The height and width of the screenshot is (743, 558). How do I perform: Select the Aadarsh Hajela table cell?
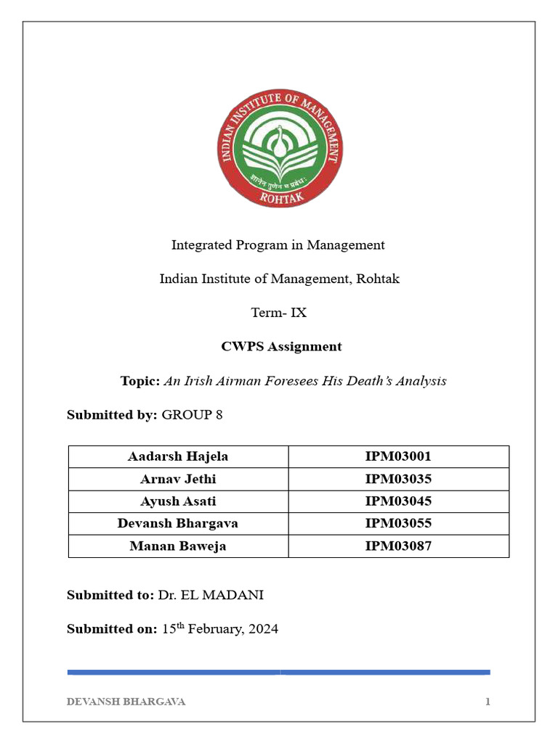[x=178, y=457]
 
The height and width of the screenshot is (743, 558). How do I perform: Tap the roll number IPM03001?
[x=398, y=457]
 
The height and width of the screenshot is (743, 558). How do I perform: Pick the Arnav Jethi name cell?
[x=178, y=479]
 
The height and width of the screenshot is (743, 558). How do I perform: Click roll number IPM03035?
[x=398, y=479]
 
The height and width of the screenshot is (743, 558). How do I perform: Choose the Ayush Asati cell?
[x=178, y=501]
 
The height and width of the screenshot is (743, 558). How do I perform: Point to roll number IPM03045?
[x=398, y=501]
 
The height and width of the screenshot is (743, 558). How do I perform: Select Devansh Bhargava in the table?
[x=178, y=523]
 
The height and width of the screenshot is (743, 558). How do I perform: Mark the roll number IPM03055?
[x=398, y=523]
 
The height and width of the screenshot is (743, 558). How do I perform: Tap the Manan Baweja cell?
[x=178, y=546]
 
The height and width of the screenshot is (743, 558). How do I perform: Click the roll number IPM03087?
[x=398, y=546]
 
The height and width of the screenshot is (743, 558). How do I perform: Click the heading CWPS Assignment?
[x=281, y=347]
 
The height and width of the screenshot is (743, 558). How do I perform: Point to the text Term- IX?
[x=278, y=313]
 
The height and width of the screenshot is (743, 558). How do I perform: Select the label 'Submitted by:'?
[x=112, y=415]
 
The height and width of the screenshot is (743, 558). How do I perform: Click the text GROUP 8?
[x=192, y=415]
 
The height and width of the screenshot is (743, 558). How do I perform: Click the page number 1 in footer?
[x=488, y=702]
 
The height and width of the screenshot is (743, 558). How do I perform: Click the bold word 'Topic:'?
[x=139, y=381]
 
